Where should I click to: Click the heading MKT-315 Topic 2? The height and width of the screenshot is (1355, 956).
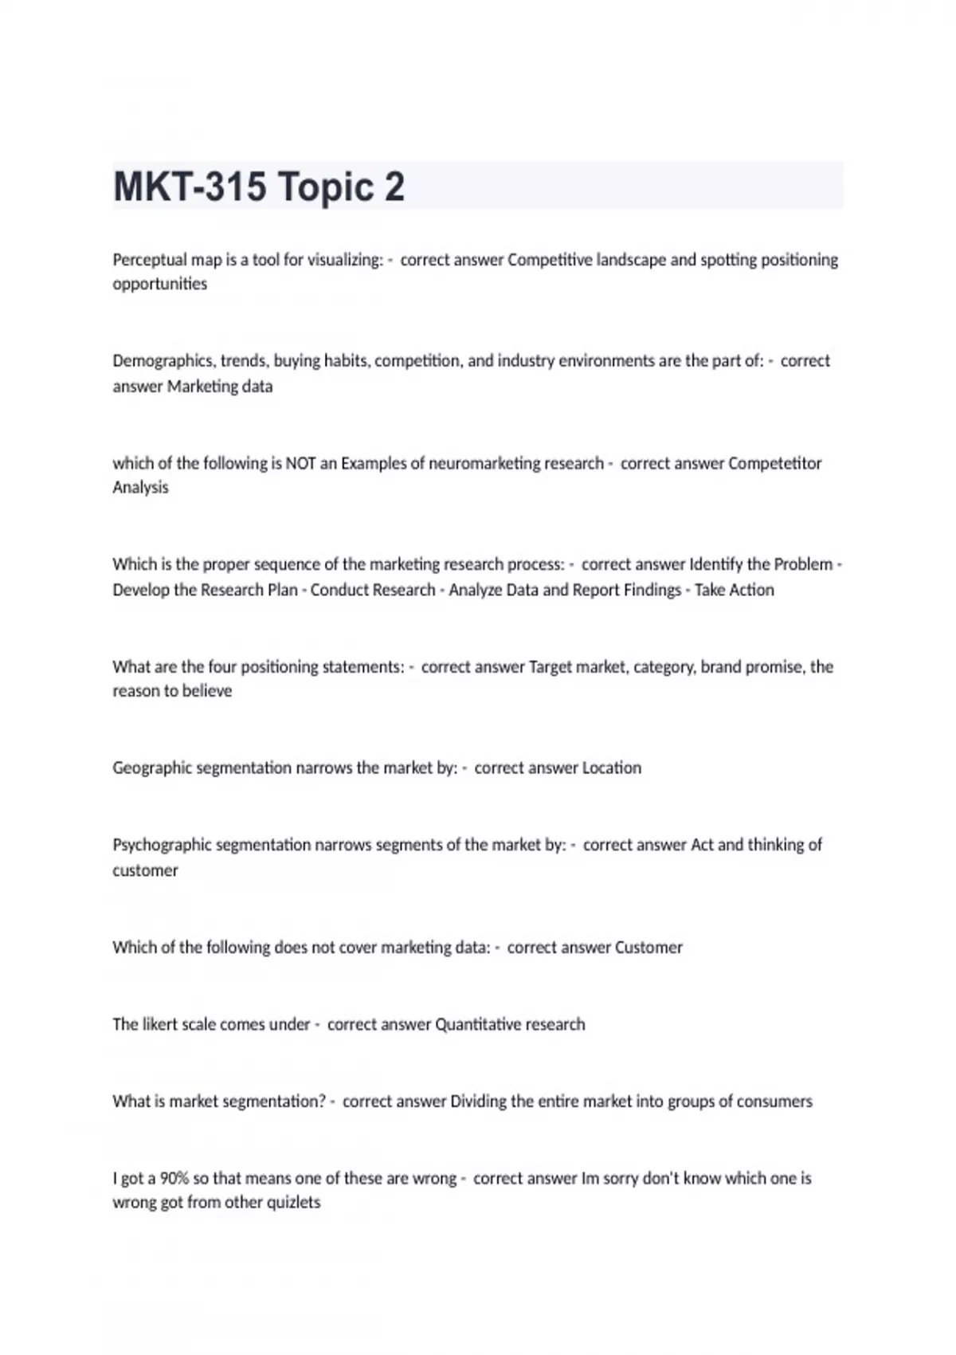coord(259,187)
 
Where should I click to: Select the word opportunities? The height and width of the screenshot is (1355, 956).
coord(159,284)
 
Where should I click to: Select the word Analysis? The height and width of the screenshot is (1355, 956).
coord(140,487)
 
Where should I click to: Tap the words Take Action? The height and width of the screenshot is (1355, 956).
coord(734,590)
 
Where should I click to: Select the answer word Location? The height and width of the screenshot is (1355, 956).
coord(611,768)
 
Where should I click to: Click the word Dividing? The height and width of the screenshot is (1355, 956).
coord(478,1102)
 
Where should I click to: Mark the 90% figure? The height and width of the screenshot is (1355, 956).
coord(174,1178)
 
